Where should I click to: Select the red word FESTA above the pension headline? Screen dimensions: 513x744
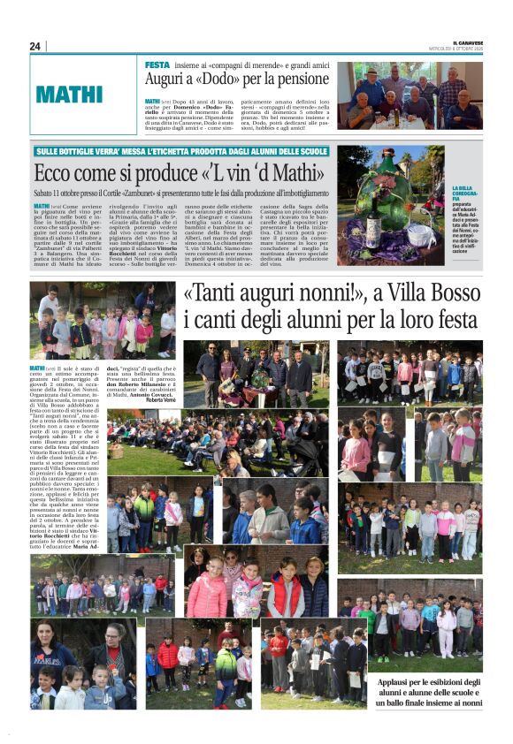click(157, 65)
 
